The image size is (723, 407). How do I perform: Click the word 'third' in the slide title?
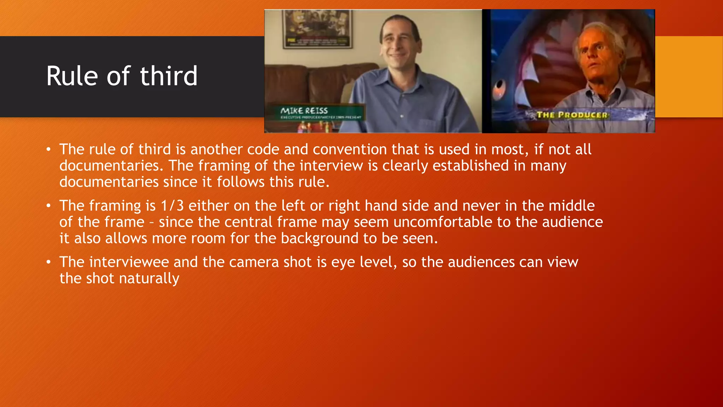(168, 76)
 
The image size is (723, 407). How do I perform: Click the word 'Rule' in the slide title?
(72, 76)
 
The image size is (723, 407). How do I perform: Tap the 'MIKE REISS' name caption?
(304, 111)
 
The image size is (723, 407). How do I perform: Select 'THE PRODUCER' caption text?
(572, 115)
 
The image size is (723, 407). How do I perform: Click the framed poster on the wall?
(317, 29)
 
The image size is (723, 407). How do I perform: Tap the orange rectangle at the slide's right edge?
(689, 76)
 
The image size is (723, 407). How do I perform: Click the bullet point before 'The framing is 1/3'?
(49, 206)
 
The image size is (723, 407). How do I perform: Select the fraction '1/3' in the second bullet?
(172, 206)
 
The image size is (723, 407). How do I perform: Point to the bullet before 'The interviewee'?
(49, 262)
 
